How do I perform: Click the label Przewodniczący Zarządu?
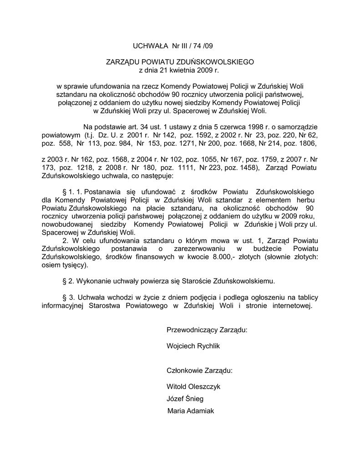pyautogui.click(x=207, y=329)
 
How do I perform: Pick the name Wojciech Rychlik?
pyautogui.click(x=193, y=346)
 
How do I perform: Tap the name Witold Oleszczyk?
pyautogui.click(x=194, y=387)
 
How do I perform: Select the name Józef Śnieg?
pyautogui.click(x=185, y=399)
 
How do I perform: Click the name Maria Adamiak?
pyautogui.click(x=191, y=411)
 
